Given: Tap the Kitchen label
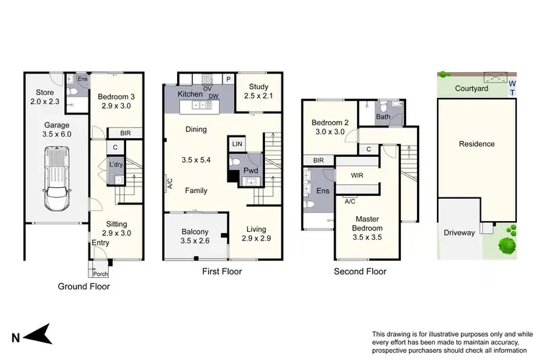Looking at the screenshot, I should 191,94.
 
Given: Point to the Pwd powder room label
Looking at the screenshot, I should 250,171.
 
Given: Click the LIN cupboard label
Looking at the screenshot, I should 237,144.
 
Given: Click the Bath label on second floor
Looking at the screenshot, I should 384,116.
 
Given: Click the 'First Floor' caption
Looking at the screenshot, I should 220,271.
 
